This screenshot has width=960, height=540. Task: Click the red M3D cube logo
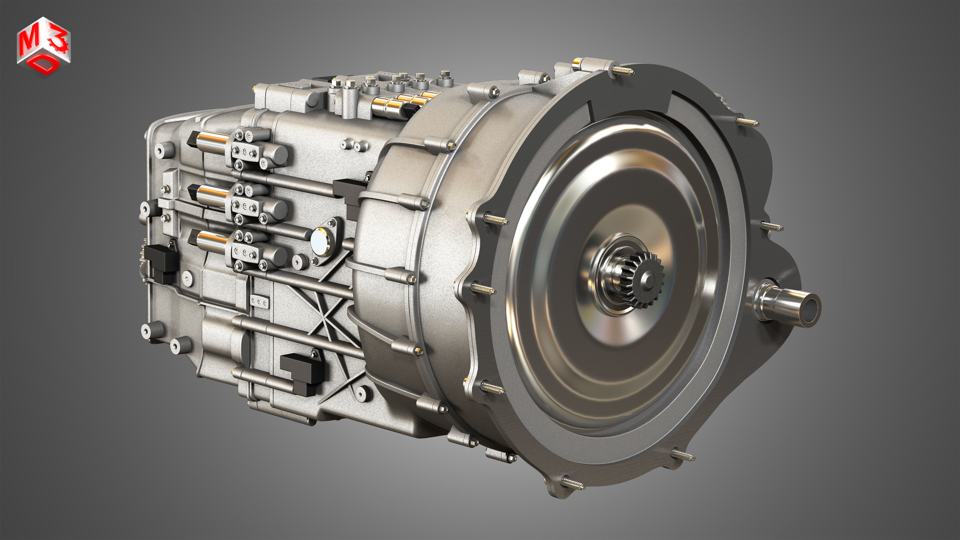[x=43, y=46]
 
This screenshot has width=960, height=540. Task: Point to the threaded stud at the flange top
[x=622, y=70]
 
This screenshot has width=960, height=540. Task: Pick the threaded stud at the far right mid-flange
[x=771, y=226]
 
